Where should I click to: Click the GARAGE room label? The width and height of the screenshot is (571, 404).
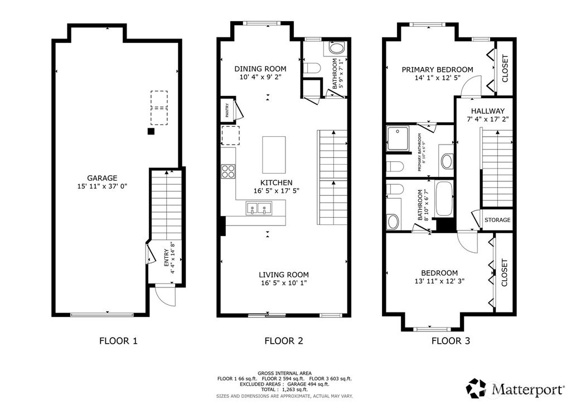coord(101,179)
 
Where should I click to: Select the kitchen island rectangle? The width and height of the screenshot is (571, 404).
coord(274,155)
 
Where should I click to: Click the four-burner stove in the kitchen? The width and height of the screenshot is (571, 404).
coord(229,171)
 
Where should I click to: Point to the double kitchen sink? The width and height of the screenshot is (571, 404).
coord(259,210)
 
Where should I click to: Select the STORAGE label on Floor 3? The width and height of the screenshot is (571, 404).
coord(497,220)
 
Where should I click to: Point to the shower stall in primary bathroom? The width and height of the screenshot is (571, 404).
coord(399,138)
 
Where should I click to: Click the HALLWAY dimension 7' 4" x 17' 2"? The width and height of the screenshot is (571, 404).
coord(487,119)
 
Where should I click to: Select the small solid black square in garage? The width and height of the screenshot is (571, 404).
coord(151,132)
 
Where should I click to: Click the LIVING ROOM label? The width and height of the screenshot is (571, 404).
coord(283,275)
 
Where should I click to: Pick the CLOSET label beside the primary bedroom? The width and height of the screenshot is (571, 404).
coord(505,68)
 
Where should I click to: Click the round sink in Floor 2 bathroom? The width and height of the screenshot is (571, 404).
coord(337,48)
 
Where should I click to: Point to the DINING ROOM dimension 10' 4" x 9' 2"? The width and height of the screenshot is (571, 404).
coord(260,78)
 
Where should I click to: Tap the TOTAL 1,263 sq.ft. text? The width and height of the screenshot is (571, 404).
coord(284,390)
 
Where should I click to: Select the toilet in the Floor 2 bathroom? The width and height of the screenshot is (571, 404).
coord(312,69)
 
